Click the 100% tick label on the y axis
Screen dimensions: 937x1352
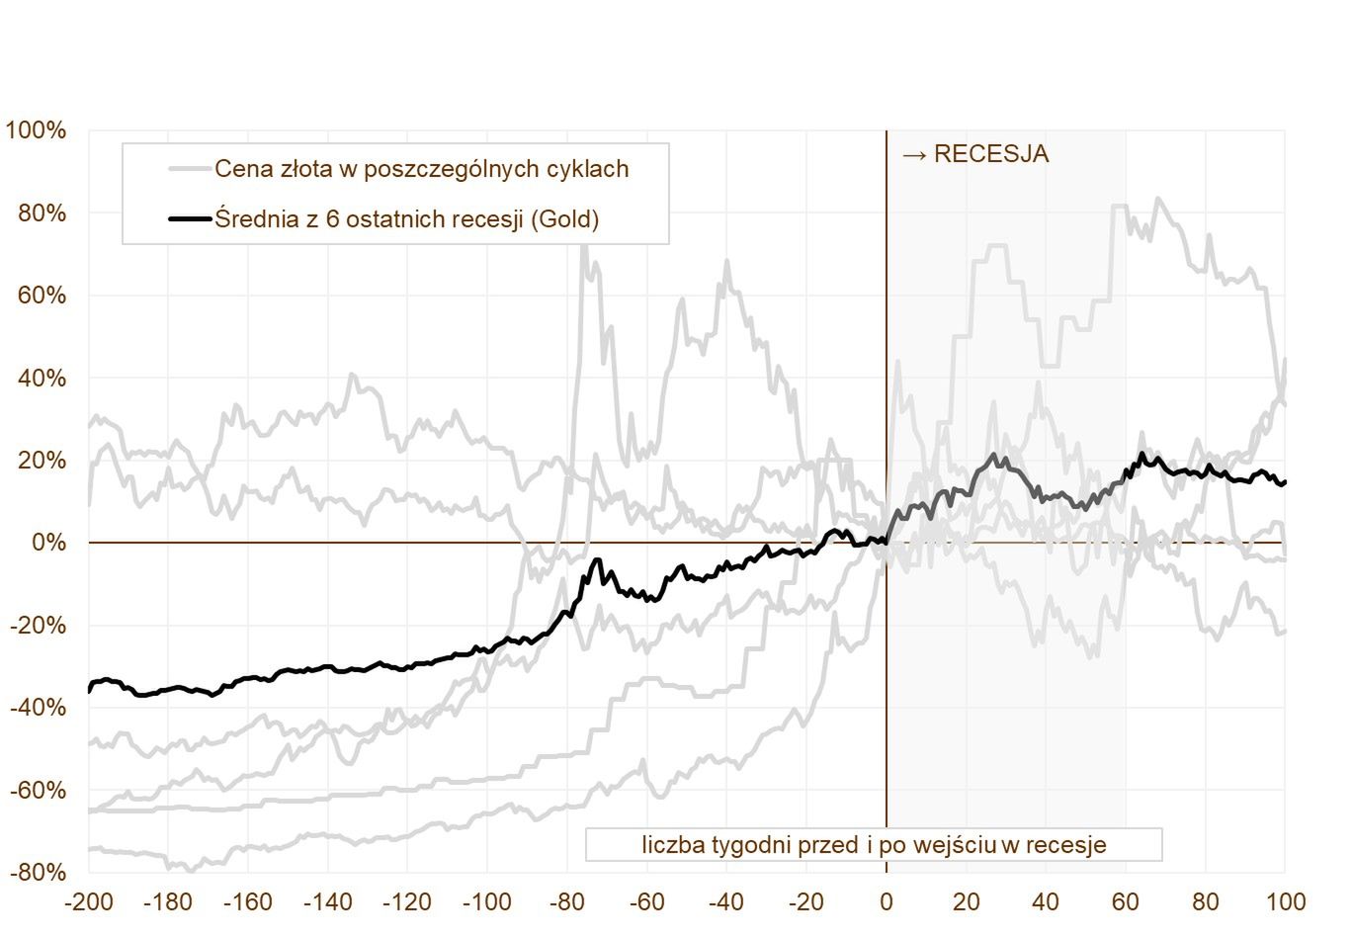37,130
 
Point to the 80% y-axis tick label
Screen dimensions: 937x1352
42,213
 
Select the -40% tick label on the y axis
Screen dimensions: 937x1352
39,708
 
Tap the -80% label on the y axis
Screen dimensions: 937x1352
39,873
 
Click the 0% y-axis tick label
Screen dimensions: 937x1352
48,543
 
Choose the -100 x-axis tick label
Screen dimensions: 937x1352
486,902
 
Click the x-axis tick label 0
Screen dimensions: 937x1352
886,902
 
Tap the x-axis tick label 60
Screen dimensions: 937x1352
1126,902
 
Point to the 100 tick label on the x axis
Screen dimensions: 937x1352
1285,902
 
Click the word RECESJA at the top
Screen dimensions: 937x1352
990,154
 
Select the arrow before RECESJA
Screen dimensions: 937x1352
914,154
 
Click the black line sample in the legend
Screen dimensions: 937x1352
190,218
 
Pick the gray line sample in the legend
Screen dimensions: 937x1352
190,169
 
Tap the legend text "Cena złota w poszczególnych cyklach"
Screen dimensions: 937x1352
422,169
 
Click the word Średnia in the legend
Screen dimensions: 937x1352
254,218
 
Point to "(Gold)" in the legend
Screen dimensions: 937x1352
564,218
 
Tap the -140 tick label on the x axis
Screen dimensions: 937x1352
327,902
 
